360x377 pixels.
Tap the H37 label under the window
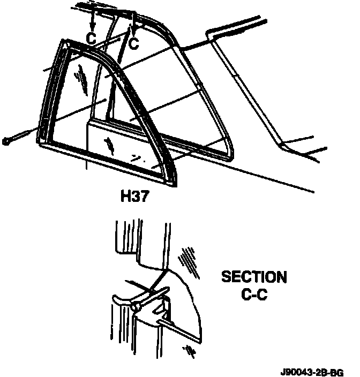[x=133, y=197]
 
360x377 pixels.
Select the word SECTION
[x=254, y=277]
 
